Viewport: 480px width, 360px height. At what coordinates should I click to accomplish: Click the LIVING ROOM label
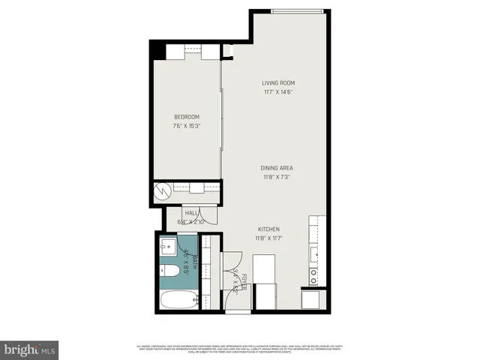278,82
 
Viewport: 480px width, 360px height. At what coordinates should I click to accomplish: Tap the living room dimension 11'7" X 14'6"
278,92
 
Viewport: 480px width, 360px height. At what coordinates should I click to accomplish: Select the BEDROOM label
186,116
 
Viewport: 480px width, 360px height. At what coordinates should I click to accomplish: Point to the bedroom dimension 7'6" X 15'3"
186,125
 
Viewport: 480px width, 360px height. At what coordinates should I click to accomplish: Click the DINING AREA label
277,169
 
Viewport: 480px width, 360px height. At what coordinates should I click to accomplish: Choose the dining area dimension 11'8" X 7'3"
277,178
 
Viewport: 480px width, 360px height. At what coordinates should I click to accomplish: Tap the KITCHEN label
269,229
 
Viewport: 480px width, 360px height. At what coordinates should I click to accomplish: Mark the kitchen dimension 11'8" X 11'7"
269,238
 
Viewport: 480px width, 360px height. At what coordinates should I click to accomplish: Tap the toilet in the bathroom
170,271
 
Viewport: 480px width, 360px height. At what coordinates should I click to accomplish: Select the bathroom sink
168,247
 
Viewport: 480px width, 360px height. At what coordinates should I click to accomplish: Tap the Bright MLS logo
30,349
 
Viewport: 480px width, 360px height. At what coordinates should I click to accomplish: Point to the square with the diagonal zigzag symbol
161,191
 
